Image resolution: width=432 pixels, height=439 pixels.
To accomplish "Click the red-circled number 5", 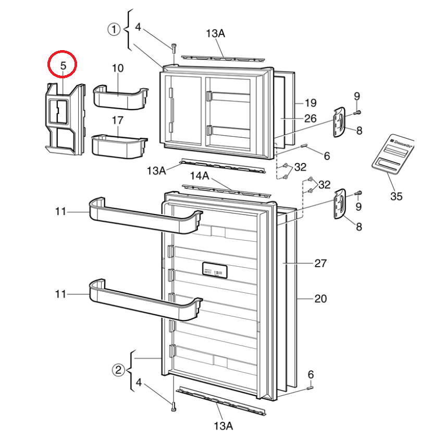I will pyautogui.click(x=63, y=66).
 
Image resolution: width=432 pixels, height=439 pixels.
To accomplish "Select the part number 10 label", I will pyautogui.click(x=117, y=68).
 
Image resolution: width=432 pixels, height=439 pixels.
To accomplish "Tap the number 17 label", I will pyautogui.click(x=117, y=120).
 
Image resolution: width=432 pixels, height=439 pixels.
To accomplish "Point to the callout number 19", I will pyautogui.click(x=311, y=102).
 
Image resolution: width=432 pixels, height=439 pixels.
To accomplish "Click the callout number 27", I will pyautogui.click(x=320, y=263).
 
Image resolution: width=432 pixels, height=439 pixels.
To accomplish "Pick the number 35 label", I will pyautogui.click(x=396, y=196).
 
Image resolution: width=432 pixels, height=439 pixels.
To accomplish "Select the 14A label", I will pyautogui.click(x=199, y=176).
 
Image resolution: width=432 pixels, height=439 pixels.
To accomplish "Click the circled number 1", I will pyautogui.click(x=114, y=30).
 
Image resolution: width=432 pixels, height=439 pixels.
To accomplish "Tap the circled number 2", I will pyautogui.click(x=119, y=370).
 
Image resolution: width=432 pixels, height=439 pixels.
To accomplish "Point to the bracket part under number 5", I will pyautogui.click(x=64, y=119).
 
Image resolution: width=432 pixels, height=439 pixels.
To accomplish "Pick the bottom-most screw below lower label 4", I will pyautogui.click(x=173, y=408).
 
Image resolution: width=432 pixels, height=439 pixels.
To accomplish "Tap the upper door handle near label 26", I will pyautogui.click(x=339, y=122).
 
